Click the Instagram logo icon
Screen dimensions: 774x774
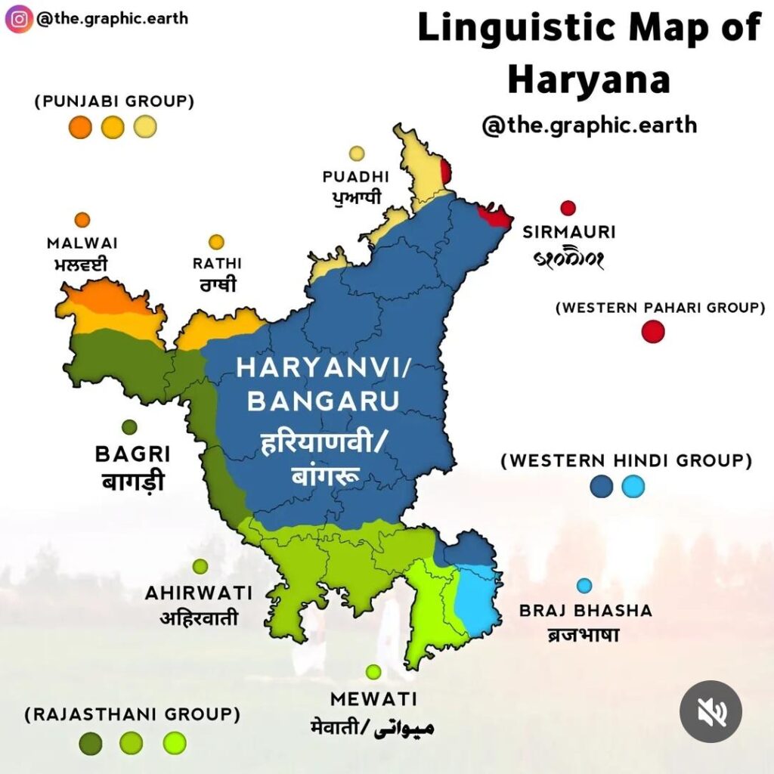[x=19, y=18]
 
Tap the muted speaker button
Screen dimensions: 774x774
[x=710, y=711]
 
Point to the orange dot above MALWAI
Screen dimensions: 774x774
[x=82, y=220]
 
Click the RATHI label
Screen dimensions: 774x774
[x=216, y=264]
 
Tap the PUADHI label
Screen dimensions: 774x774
[x=355, y=177]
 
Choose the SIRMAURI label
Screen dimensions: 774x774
[x=569, y=232]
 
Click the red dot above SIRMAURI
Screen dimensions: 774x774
[x=568, y=208]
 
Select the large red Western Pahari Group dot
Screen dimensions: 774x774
[x=652, y=331]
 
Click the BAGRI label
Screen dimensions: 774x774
[x=132, y=454]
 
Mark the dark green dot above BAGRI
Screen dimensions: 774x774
[x=129, y=427]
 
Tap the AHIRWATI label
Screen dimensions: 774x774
[x=199, y=593]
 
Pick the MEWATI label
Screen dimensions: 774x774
[x=373, y=698]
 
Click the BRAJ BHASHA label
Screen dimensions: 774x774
[x=586, y=611]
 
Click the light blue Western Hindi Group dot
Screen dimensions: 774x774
[x=633, y=487]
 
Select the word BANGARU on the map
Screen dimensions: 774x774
[x=322, y=401]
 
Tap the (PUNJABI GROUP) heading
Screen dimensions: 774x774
[x=113, y=101]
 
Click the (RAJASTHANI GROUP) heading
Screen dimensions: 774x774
[x=132, y=714]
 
